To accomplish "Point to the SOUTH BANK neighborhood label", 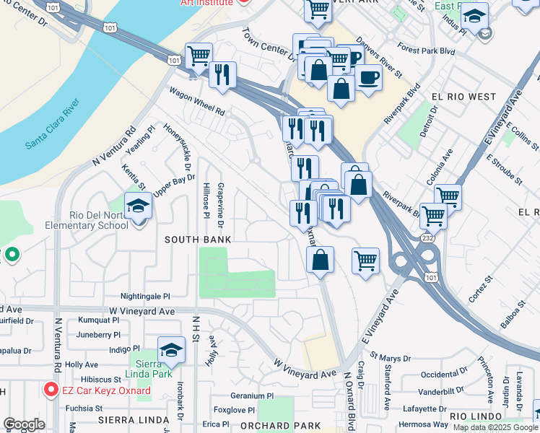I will click(x=198, y=239).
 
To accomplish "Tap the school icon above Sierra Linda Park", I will click(x=171, y=350).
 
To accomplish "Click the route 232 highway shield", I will click(x=427, y=237).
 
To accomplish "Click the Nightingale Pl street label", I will click(x=145, y=297).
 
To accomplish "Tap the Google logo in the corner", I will click(x=25, y=424).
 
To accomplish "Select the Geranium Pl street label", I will click(x=252, y=395).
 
